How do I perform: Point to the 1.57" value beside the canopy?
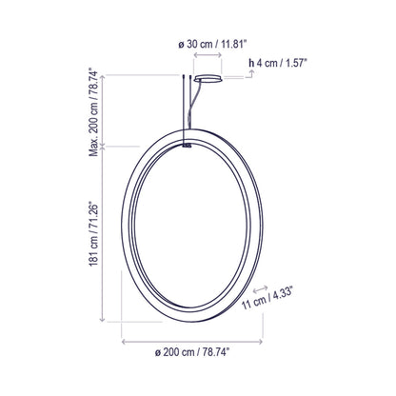coord(298,64)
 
